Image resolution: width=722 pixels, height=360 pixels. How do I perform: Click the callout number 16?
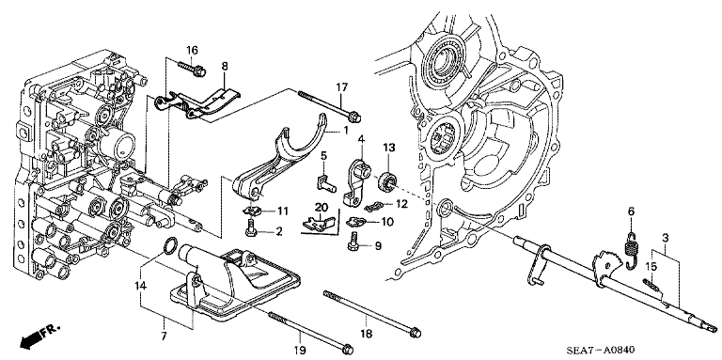coord(192,50)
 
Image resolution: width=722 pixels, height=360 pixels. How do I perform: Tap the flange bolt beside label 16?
coord(192,69)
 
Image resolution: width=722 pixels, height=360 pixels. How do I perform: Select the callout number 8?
coord(225,67)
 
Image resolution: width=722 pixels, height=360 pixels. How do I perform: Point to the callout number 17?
coord(340,87)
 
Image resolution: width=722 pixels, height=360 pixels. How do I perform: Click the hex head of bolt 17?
coord(353,117)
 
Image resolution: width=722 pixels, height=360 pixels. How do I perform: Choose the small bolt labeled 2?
coord(250,228)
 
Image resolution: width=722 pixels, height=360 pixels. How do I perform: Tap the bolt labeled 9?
coord(353,244)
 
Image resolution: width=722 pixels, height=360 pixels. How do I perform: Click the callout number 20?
coord(320,208)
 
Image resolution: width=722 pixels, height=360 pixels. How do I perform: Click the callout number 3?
coord(666,238)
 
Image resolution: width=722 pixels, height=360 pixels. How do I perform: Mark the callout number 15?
coord(651,266)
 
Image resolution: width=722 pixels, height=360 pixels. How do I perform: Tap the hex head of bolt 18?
coord(415,332)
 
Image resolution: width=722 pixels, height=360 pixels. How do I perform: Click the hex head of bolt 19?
coord(348,347)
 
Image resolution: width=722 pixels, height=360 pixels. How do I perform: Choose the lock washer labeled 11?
coord(252,211)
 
